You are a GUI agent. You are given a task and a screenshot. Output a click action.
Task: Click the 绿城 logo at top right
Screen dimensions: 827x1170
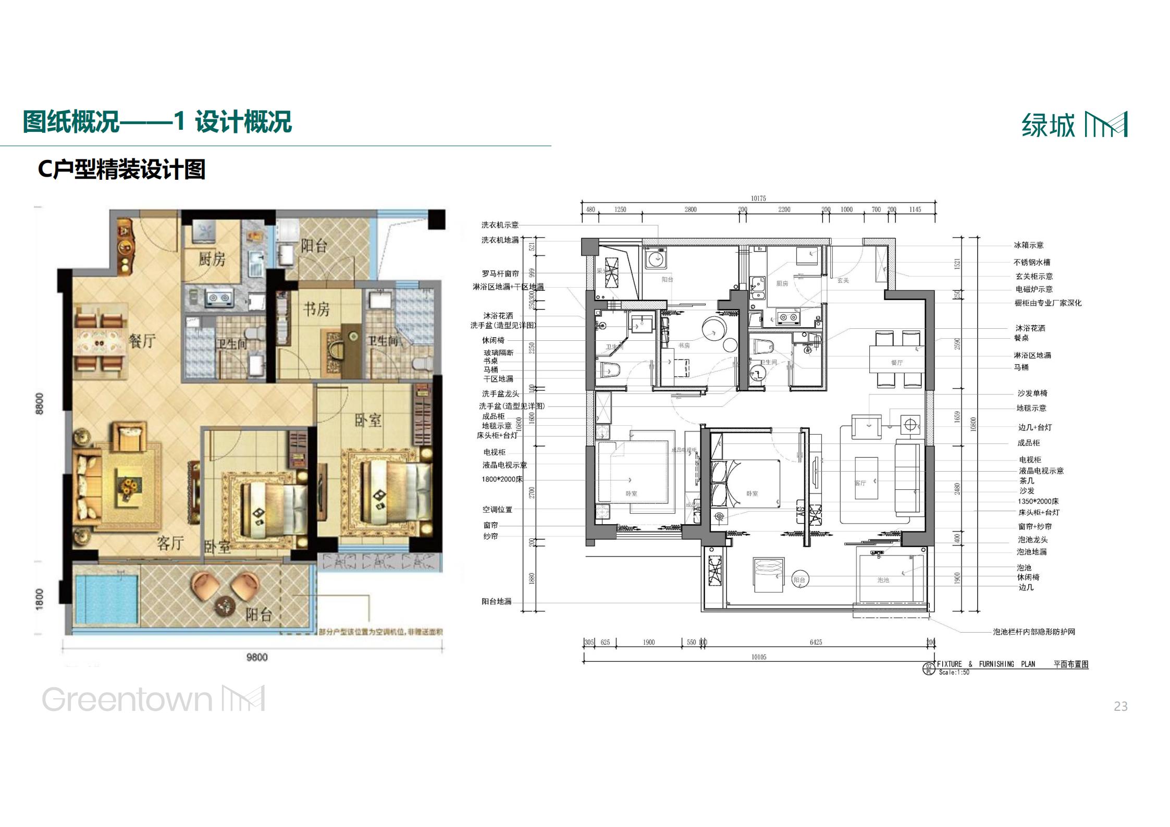click(1074, 125)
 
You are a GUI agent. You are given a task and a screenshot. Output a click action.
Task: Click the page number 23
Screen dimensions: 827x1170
click(1120, 706)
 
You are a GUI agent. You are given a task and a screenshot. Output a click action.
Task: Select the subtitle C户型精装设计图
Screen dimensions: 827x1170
click(121, 169)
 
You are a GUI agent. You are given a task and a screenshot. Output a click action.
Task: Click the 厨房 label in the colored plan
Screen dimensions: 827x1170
click(212, 258)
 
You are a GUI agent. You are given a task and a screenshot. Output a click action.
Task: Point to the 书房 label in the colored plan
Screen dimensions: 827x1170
click(316, 309)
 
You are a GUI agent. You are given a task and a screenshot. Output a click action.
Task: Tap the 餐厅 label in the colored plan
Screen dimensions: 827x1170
click(142, 341)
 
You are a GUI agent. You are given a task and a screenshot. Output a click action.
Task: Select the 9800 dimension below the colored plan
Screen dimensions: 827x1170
click(257, 657)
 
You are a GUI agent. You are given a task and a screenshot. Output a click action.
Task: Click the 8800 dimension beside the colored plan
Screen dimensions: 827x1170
click(40, 404)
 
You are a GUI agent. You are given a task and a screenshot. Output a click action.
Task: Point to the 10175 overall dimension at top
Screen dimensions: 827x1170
click(758, 199)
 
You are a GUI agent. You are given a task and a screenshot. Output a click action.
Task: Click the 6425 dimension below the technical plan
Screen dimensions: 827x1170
click(816, 642)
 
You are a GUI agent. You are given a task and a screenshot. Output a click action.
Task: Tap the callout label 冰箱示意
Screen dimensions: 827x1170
click(1028, 245)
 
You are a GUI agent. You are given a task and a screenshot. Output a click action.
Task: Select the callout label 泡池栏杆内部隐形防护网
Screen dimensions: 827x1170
click(1034, 632)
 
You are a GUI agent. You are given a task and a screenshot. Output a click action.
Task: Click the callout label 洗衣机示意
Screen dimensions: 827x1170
click(500, 225)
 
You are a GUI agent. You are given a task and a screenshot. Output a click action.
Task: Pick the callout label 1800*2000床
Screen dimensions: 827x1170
click(501, 479)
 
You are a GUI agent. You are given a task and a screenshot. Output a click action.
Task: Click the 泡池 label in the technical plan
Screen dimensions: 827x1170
click(883, 579)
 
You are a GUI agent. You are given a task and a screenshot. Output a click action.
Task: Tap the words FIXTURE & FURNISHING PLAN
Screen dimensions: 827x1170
click(986, 664)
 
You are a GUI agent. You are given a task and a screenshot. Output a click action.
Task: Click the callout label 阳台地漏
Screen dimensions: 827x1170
click(496, 601)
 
